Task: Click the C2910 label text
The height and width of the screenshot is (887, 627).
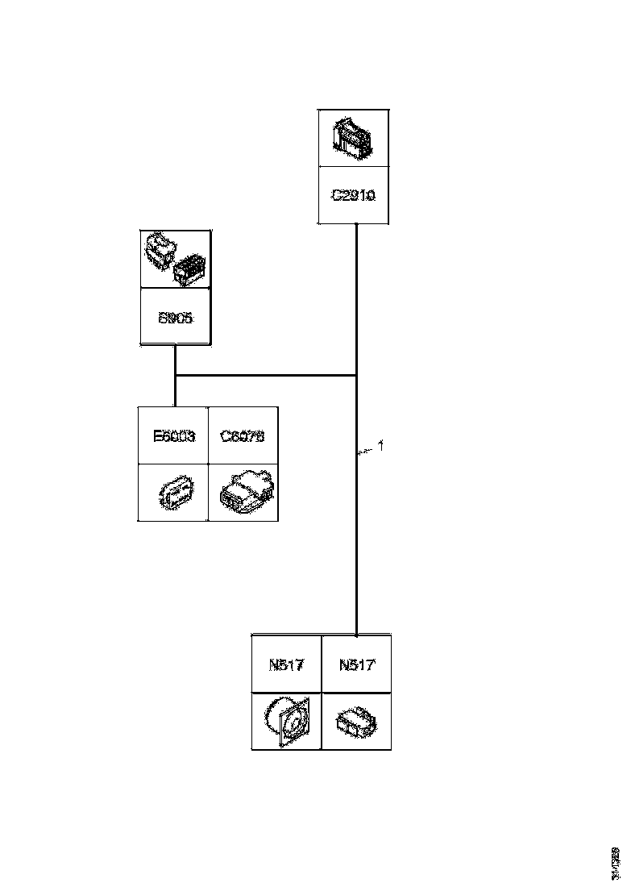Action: click(354, 195)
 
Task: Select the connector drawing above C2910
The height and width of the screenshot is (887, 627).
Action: click(353, 139)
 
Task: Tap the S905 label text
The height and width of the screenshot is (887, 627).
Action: click(175, 318)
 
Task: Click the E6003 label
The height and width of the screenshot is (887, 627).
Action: click(173, 436)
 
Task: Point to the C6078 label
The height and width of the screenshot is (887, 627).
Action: click(243, 436)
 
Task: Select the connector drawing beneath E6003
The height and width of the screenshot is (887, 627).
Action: click(174, 493)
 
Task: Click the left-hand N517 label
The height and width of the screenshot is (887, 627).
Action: click(286, 665)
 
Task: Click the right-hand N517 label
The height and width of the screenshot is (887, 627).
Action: click(356, 665)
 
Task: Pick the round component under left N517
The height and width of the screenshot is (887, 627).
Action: click(287, 720)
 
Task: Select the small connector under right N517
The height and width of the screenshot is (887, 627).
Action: click(357, 722)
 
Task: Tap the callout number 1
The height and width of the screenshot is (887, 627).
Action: click(381, 445)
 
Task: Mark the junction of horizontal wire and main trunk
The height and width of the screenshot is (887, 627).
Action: click(356, 376)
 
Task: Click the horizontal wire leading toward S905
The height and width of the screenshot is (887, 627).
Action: click(266, 376)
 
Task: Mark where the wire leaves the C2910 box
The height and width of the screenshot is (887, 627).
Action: click(356, 225)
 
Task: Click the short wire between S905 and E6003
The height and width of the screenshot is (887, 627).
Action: click(175, 391)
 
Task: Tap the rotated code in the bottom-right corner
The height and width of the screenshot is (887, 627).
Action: click(617, 862)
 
